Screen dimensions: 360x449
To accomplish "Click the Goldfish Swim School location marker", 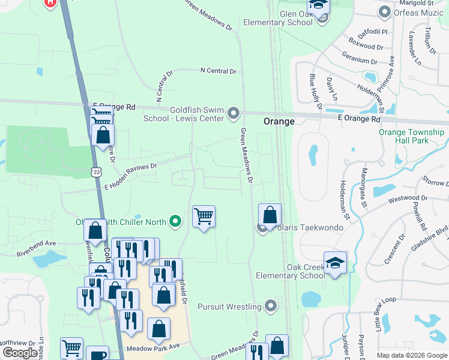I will coord(234,113).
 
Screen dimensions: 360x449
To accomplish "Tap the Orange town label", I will coord(279,121).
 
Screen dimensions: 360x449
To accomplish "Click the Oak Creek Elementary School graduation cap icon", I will coord(335,262).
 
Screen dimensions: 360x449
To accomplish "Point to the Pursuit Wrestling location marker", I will coord(271,307).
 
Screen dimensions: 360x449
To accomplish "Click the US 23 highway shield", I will coord(97,172).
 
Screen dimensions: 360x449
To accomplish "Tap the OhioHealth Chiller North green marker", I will coord(175,222).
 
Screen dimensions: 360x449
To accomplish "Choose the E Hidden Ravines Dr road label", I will coord(130,172).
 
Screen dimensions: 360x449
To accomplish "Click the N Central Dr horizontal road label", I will coord(218,71).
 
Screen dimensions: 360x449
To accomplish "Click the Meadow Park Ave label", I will coord(153,347).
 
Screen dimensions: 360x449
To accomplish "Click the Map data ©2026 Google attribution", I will coord(411,355).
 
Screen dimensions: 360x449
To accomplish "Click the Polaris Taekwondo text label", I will coord(307,228).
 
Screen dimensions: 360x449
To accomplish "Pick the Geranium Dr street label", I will coord(360,61).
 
